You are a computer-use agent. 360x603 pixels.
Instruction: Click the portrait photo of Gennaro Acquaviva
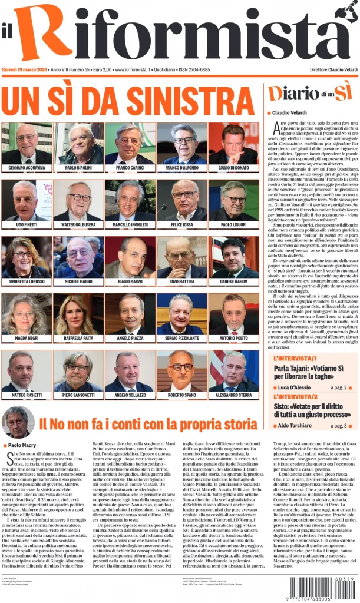point(27,144)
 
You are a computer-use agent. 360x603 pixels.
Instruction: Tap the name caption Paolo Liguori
point(233,225)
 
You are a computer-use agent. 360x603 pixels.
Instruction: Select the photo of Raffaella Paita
point(78,314)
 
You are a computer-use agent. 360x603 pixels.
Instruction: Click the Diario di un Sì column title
point(310,93)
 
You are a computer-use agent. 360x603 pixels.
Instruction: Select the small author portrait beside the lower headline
point(18,422)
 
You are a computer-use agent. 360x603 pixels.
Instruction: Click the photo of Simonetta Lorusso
point(27,257)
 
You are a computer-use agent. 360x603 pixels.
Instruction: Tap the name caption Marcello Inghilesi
point(130,225)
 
